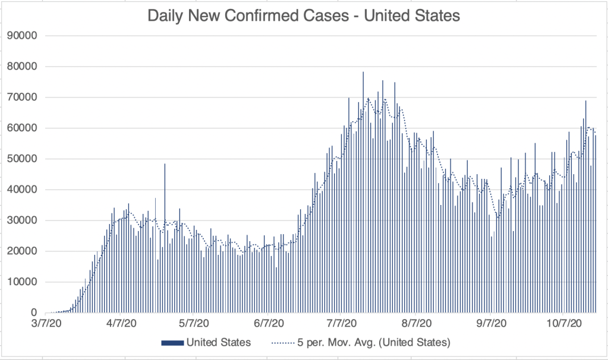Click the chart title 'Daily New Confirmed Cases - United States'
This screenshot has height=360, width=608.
pos(304,16)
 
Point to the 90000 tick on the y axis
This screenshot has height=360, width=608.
pos(23,35)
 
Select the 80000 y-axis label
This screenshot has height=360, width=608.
pos(23,66)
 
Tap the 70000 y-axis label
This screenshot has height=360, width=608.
pos(23,97)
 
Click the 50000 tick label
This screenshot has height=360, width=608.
pos(23,159)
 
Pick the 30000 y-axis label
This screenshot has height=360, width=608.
pos(23,220)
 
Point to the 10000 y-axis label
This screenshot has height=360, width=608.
pos(23,282)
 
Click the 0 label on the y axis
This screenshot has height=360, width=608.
pos(33,313)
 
